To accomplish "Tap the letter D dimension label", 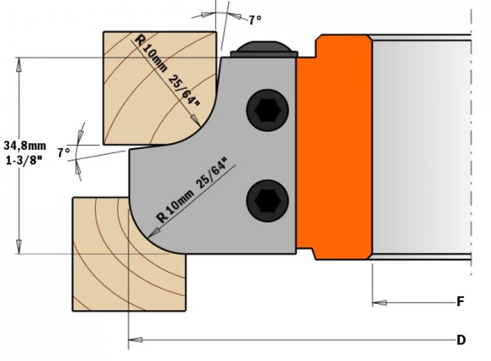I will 461,341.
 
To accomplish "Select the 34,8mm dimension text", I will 25,146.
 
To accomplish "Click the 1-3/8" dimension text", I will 23,161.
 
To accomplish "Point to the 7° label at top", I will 255,20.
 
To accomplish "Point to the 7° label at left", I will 64,153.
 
